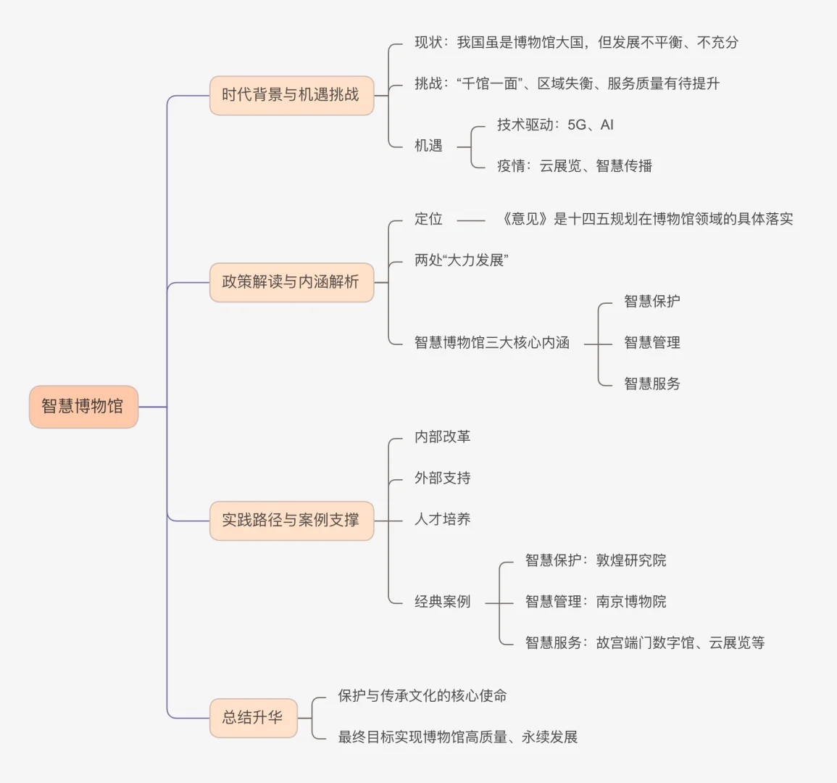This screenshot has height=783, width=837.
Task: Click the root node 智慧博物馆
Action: click(83, 407)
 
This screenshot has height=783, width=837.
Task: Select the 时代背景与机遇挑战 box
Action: click(291, 95)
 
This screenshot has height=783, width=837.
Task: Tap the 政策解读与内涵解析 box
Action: click(291, 282)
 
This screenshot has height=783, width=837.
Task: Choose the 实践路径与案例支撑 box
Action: click(291, 521)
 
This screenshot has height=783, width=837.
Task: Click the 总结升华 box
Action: click(253, 718)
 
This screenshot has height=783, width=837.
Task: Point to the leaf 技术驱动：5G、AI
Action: click(555, 125)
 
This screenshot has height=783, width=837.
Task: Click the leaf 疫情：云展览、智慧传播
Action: click(574, 166)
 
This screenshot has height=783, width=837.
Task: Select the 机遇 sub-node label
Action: click(428, 146)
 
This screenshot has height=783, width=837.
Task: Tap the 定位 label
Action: click(428, 219)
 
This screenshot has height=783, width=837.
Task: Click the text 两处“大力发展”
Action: click(461, 260)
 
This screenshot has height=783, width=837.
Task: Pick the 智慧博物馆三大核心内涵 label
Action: click(491, 343)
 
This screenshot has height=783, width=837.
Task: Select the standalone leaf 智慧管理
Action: click(651, 343)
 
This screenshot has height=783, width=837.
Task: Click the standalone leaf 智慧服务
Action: click(651, 384)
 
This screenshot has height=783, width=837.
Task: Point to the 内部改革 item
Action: click(442, 436)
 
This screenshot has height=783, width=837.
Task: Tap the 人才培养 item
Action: click(442, 519)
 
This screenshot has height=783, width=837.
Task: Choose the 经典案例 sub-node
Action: click(442, 602)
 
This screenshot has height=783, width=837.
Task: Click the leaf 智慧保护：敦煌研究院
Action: click(595, 560)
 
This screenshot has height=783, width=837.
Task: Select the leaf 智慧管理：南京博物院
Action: click(595, 602)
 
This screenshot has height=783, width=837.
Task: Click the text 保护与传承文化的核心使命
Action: click(422, 696)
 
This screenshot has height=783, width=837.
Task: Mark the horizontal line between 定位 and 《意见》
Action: click(471, 220)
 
